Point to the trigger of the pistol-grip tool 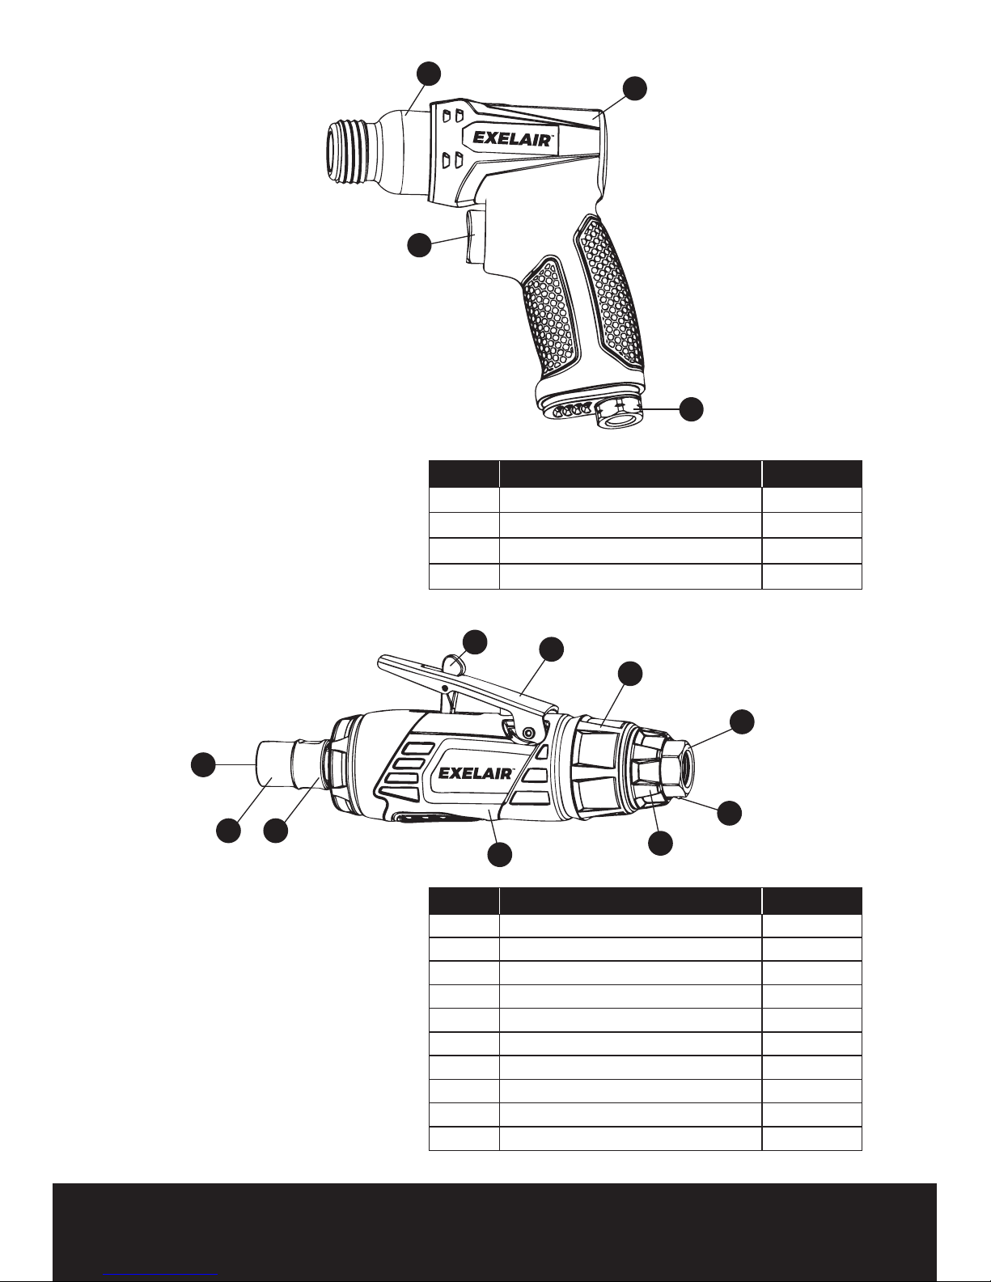475,236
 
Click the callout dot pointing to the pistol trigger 418,245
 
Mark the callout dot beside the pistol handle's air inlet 690,409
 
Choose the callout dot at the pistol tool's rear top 635,89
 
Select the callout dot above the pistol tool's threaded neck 429,73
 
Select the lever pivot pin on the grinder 528,733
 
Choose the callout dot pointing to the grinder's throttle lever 552,649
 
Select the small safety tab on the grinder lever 455,665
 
